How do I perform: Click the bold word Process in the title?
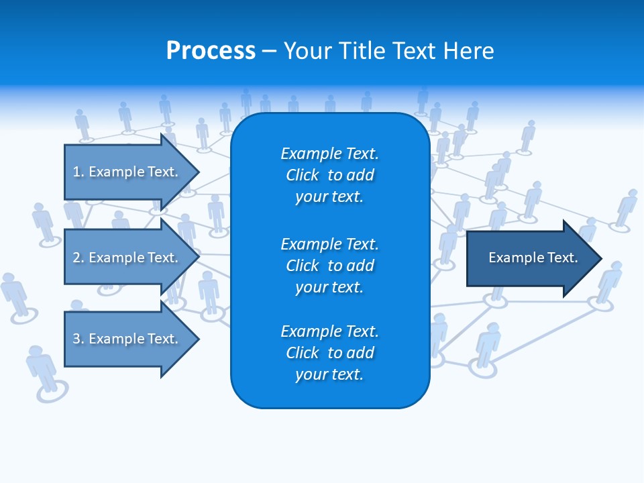click(x=211, y=51)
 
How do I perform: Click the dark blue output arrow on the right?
click(x=530, y=258)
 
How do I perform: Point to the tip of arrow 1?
click(x=197, y=172)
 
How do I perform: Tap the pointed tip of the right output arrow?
click(x=600, y=258)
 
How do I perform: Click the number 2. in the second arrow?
click(x=78, y=258)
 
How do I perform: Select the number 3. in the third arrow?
click(x=78, y=339)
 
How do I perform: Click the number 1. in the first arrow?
click(x=78, y=172)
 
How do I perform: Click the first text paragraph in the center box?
click(x=329, y=175)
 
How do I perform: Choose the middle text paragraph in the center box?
click(x=329, y=266)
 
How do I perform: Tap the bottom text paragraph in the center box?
click(x=329, y=353)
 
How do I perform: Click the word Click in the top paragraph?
click(x=303, y=175)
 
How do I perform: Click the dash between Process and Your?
click(x=270, y=52)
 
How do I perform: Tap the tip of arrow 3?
click(x=197, y=339)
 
